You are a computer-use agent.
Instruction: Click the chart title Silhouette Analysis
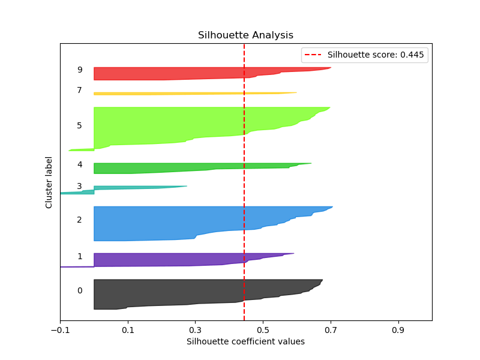(245, 35)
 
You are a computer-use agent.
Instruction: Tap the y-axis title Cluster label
(49, 182)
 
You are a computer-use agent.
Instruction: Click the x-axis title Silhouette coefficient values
(245, 341)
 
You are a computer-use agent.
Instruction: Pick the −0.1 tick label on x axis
(59, 330)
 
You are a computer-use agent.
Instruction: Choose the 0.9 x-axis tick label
(398, 330)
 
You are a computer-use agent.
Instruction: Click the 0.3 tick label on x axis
(195, 330)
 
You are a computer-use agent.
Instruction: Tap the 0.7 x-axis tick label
(331, 330)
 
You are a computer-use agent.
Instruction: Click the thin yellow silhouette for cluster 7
(180, 94)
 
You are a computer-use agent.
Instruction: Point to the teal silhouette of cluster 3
(126, 188)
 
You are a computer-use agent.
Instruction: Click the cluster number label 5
(79, 125)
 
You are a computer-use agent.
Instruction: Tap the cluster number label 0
(79, 290)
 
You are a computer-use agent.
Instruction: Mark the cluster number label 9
(79, 70)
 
